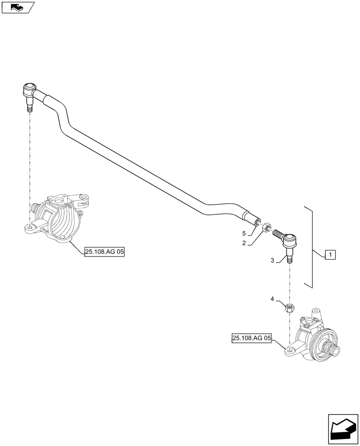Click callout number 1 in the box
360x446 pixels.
[x=330, y=255]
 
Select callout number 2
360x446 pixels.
[x=244, y=243]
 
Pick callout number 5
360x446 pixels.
[x=244, y=233]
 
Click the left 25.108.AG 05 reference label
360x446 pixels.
[x=104, y=252]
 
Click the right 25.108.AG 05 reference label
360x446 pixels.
[x=251, y=339]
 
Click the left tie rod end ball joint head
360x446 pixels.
[x=29, y=89]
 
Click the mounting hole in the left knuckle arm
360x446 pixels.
[x=29, y=228]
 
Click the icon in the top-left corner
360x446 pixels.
[x=17, y=7]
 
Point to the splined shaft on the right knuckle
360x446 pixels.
[x=331, y=352]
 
